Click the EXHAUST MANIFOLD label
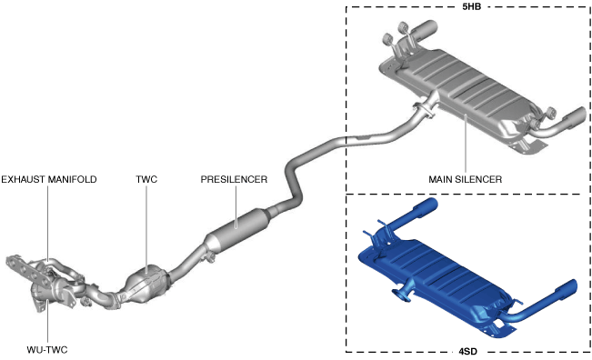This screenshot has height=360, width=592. point(49,179)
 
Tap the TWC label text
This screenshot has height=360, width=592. point(146,179)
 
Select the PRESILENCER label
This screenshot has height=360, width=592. point(234,179)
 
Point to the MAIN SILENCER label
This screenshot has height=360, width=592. point(466,179)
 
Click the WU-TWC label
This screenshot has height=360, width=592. point(47,350)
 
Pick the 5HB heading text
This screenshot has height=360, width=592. point(472,6)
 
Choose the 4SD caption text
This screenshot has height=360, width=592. point(467,352)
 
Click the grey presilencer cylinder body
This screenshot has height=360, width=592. point(237,229)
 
